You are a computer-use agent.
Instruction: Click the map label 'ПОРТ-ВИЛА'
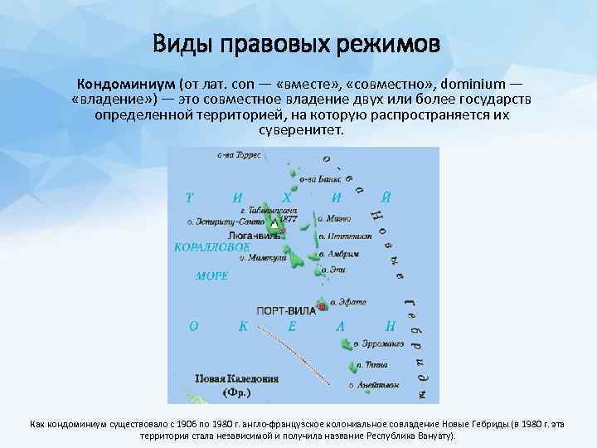click(285, 309)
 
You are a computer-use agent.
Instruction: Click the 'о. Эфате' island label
click(348, 303)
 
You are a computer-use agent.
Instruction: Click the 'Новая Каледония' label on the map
click(236, 378)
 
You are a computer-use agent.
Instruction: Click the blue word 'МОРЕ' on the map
click(211, 275)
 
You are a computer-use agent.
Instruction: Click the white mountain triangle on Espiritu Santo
click(274, 223)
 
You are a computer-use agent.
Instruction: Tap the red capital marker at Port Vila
click(322, 307)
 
